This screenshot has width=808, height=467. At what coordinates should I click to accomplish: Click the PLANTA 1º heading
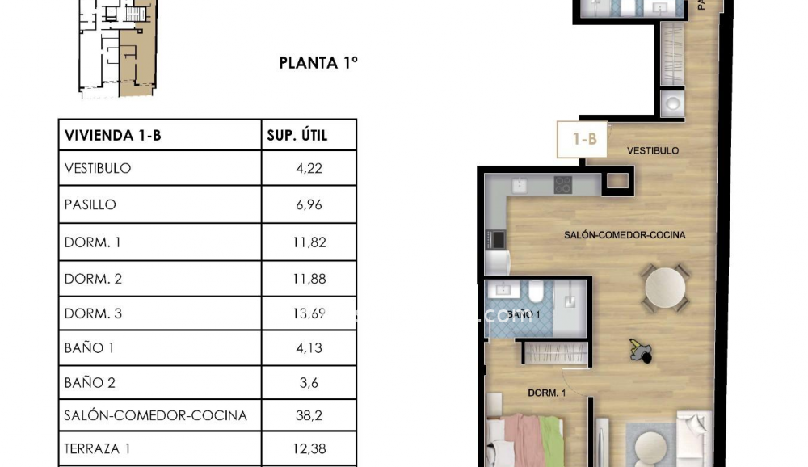click(318, 63)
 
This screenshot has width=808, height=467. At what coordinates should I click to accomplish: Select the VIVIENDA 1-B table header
click(112, 135)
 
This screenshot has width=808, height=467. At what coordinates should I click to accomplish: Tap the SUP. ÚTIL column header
click(297, 135)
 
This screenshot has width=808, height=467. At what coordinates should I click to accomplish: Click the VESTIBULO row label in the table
click(98, 169)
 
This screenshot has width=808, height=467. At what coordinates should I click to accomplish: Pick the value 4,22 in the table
click(309, 169)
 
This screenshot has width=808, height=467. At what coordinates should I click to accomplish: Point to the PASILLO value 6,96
click(309, 204)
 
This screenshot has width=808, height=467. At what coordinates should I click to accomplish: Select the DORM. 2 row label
click(93, 279)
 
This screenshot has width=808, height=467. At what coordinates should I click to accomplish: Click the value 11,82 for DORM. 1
click(309, 242)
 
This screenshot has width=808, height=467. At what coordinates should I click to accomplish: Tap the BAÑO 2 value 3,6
click(309, 383)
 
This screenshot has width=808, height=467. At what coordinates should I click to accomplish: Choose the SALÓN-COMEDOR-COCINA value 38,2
click(309, 416)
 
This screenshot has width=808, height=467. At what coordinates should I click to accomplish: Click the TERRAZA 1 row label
click(97, 449)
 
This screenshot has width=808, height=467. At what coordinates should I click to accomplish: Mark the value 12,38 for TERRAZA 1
click(309, 449)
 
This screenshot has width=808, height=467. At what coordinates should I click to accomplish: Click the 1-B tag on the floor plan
click(584, 139)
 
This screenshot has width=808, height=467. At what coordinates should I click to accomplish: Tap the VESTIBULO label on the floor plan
click(653, 151)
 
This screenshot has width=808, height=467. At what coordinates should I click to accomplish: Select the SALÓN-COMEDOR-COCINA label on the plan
click(625, 235)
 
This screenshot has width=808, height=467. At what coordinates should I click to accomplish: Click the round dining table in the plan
click(665, 287)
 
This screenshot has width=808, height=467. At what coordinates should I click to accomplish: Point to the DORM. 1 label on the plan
click(547, 393)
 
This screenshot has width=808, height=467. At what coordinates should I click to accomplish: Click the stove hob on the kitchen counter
click(563, 185)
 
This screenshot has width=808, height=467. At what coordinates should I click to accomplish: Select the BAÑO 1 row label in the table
click(84, 348)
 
